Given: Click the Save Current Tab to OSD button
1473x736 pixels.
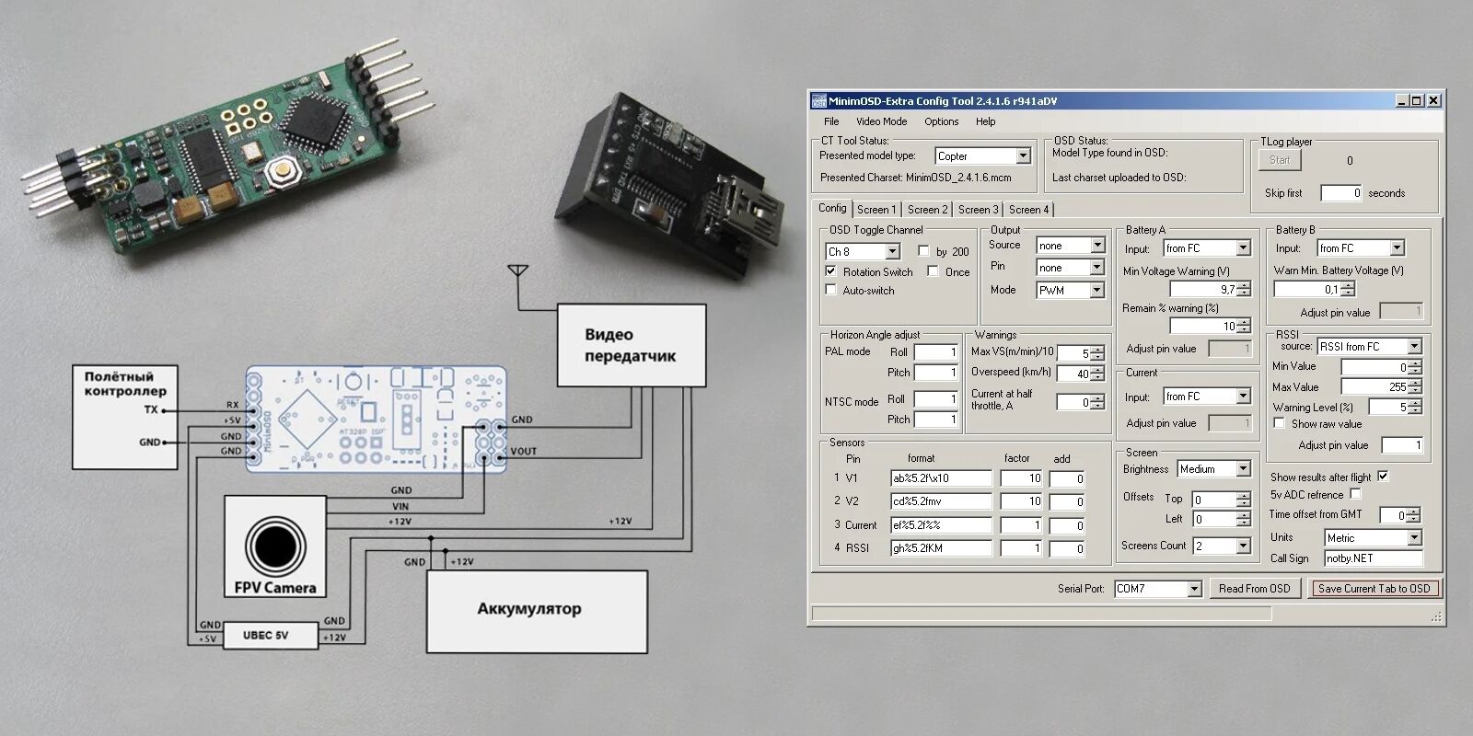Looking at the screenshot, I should coord(1374,589).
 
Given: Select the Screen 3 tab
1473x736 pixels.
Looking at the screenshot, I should coord(978,210).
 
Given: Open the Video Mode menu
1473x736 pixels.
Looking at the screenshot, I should coord(881,121).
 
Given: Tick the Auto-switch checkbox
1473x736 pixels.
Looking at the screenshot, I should coord(831,291).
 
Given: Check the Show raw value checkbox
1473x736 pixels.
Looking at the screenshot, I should coord(1279,424).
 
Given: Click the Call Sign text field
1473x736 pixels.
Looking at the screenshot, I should coord(1373,558).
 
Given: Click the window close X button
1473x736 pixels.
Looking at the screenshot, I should coord(1433,100).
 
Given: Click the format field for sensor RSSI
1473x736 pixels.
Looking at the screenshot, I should coord(940,548).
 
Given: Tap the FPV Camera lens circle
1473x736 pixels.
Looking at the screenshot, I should coord(274,546).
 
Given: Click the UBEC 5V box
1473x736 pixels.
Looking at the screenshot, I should coord(265,635).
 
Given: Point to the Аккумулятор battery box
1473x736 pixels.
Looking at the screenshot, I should coord(537,610).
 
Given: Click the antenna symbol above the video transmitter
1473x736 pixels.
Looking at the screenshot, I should coord(518,272).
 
